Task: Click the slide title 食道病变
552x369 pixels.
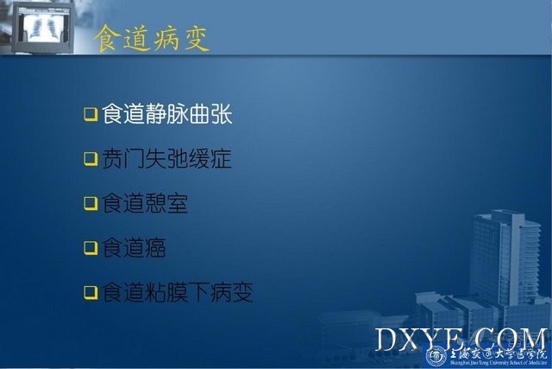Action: click(152, 39)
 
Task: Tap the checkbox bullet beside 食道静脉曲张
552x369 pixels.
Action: click(91, 114)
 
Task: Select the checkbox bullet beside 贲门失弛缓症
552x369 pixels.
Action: click(91, 158)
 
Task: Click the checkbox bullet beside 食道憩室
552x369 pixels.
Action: click(91, 203)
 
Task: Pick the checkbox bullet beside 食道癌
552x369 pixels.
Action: click(91, 248)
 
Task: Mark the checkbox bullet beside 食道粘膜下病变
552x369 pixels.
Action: click(91, 292)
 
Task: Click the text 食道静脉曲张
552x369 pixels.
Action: click(167, 114)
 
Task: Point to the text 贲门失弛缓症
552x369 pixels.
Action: click(166, 159)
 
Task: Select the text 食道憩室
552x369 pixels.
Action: click(145, 203)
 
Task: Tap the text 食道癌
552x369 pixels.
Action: click(135, 248)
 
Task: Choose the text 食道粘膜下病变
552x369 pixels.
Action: click(178, 292)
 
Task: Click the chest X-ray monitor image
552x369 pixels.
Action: click(42, 27)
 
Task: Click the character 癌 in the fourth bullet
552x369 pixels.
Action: click(155, 248)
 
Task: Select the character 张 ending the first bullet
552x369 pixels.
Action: click(222, 114)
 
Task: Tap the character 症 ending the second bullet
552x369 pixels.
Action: click(221, 159)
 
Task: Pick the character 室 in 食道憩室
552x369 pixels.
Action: click(178, 203)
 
